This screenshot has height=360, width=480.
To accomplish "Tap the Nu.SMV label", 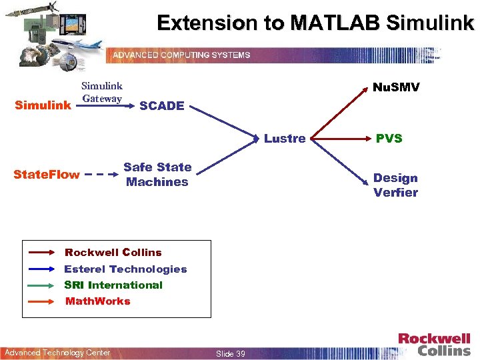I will pos(396,87).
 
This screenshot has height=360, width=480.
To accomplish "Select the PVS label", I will pos(389,139).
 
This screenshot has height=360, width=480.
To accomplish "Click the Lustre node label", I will pos(285,139).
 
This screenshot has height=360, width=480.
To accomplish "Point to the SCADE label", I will pos(162,105).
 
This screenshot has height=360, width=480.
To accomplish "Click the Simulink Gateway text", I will pos(102,93).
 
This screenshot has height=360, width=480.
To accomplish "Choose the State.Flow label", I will pos(47,175).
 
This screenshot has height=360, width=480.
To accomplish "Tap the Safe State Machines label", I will pos(157,175).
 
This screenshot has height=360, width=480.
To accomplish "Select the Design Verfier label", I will pos(395,185).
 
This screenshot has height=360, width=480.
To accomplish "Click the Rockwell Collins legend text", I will pos(113,253).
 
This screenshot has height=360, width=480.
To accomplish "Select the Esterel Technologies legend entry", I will pos(125,269).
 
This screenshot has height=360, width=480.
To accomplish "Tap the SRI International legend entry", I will pos(113,285).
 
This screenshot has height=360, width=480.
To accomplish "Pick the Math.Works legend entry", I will pos(98,301).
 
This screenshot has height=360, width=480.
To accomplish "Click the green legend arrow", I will pos(43,285).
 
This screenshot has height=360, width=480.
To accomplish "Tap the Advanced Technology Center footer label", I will pos(57,353).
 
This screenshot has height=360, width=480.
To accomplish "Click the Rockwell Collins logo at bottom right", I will pos(434,344).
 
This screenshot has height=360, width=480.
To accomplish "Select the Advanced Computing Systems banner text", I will pos(181,55).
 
